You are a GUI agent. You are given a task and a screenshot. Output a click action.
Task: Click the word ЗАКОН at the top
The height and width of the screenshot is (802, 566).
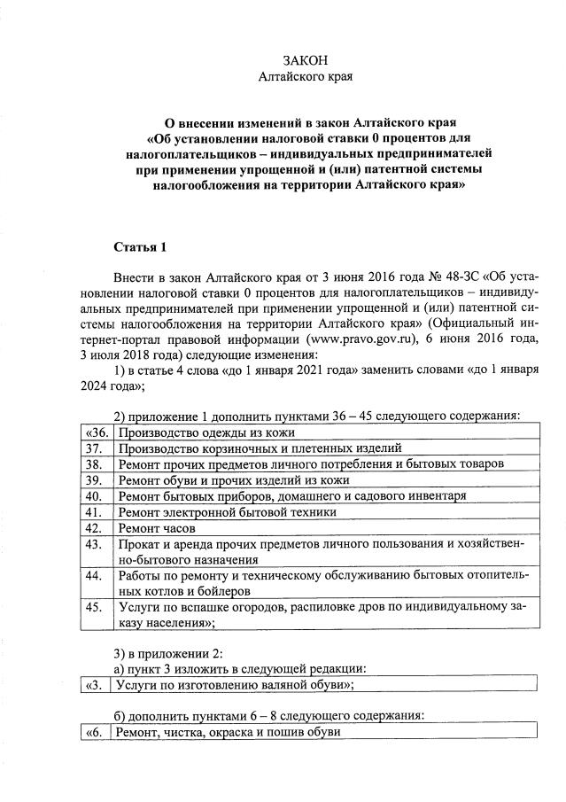pos(305,60)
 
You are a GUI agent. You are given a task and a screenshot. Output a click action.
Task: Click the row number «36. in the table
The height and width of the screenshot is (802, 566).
pos(97,432)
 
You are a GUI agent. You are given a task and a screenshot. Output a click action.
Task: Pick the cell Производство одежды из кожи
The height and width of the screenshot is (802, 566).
pos(206,432)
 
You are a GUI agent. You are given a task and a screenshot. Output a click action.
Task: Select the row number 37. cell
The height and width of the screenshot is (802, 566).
pos(97,448)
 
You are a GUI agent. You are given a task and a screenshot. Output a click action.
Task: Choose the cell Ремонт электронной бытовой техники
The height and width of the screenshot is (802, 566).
pos(228,511)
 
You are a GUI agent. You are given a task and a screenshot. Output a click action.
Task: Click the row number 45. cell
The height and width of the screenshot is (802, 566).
pos(97,608)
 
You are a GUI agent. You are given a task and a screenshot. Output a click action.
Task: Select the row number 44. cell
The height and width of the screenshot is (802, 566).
pos(97,576)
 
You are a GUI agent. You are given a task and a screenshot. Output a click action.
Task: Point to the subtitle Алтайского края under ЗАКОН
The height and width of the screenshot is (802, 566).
pos(305,77)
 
